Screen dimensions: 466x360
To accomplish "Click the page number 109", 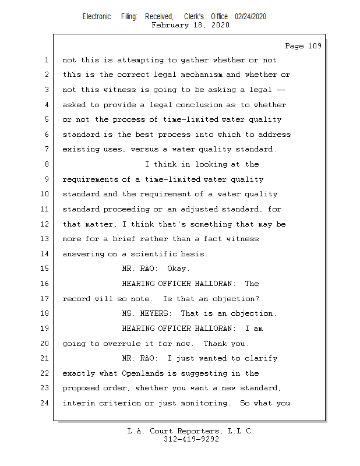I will pos(313,46).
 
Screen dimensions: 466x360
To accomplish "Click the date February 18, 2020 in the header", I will pos(190,25).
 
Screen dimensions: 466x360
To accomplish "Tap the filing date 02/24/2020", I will pos(250,16).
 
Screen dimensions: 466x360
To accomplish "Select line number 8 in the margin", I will pos(47,164).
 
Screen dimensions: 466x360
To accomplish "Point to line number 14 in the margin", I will pos(44,254).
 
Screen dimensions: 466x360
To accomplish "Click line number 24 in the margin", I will pos(44,403).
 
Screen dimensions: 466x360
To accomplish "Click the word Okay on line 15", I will pos(178,269).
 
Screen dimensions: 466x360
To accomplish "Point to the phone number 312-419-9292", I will pos(191,439).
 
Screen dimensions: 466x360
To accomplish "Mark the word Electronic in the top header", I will pos(96,16).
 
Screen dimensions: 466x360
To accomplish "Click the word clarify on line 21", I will pos(261,358).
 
